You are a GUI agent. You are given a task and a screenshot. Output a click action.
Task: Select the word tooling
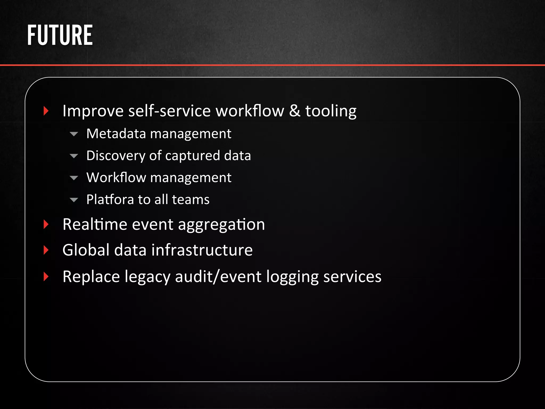pyautogui.click(x=331, y=111)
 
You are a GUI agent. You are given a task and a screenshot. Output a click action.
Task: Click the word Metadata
pyautogui.click(x=116, y=133)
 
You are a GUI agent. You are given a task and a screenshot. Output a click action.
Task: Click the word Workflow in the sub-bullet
pyautogui.click(x=116, y=178)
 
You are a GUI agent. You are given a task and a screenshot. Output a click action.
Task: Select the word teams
pyautogui.click(x=191, y=200)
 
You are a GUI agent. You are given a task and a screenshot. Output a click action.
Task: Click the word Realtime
pyautogui.click(x=95, y=224)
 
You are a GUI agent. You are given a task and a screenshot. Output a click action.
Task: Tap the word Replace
pyautogui.click(x=91, y=277)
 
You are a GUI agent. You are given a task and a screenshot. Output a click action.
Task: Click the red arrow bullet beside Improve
pyautogui.click(x=46, y=111)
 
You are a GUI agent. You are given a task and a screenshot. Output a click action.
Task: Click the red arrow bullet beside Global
pyautogui.click(x=46, y=250)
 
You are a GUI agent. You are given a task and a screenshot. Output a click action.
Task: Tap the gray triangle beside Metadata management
pyautogui.click(x=74, y=134)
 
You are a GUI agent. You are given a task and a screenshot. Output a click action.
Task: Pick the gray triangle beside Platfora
pyautogui.click(x=74, y=200)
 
